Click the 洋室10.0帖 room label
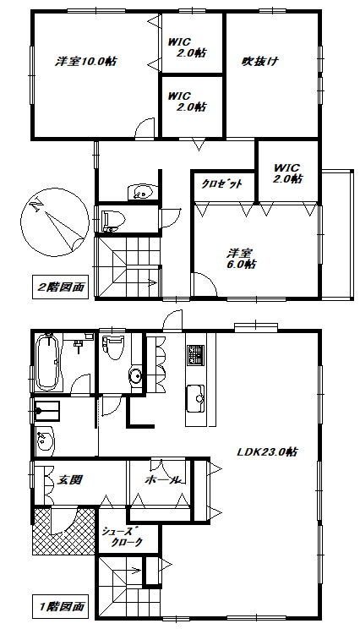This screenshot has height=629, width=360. tap(86, 62)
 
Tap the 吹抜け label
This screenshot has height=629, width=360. tap(259, 62)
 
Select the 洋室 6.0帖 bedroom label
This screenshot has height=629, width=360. tap(241, 259)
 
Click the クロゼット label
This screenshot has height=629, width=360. tap(221, 184)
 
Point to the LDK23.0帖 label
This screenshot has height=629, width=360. tap(267, 451)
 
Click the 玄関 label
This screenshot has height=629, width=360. tap(70, 479)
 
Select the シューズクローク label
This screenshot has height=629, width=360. tap(122, 536)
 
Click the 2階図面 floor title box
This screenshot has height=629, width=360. tap(61, 287)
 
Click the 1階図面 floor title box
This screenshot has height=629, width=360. tap(61, 605)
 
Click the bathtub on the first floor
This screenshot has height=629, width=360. tap(48, 363)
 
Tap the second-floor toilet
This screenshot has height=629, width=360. tap(114, 220)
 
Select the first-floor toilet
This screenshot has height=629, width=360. tap(112, 346)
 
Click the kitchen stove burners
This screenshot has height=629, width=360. tap(195, 355)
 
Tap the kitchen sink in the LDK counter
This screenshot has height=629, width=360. tap(195, 397)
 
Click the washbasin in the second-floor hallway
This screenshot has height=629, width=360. tap(141, 191)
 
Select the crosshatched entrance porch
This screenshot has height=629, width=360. tap(63, 531)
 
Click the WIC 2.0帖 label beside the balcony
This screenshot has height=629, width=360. tap(288, 173)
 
